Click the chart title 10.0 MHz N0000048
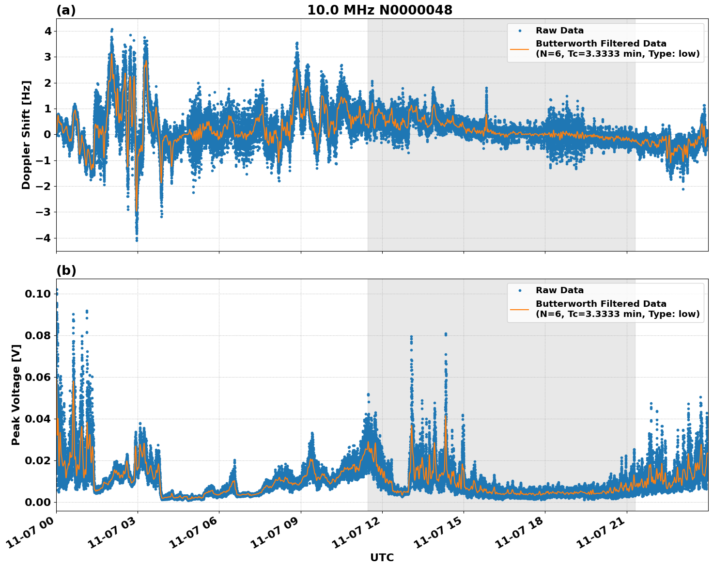click(x=380, y=10)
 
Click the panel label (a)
click(x=66, y=10)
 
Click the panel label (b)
click(x=66, y=270)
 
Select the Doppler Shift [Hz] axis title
click(x=26, y=135)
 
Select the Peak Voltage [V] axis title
click(x=16, y=394)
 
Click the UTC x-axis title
click(x=382, y=557)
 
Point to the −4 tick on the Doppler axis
click(x=45, y=238)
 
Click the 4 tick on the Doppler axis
click(x=48, y=31)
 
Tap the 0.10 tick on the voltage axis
click(x=38, y=294)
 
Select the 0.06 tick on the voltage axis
click(x=38, y=377)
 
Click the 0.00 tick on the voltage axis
click(x=38, y=502)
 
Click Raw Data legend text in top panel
click(x=559, y=31)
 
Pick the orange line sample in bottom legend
click(x=520, y=309)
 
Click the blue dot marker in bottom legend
click(x=520, y=290)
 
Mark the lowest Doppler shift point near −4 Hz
click(x=137, y=240)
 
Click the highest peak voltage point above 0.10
click(x=57, y=289)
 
